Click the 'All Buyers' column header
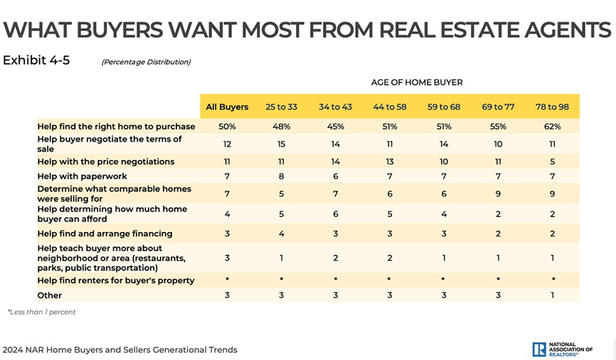pyautogui.click(x=227, y=107)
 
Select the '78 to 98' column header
pyautogui.click(x=552, y=107)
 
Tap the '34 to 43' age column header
pyautogui.click(x=335, y=107)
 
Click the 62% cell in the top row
pyautogui.click(x=552, y=127)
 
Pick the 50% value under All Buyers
pyautogui.click(x=227, y=127)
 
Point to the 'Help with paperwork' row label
pyautogui.click(x=83, y=176)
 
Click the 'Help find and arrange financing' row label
pyautogui.click(x=105, y=233)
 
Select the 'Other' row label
pyautogui.click(x=50, y=295)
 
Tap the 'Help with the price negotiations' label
pyautogui.click(x=106, y=162)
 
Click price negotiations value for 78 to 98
pyautogui.click(x=552, y=162)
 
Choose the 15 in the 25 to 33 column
pyautogui.click(x=281, y=144)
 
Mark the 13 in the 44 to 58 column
pyautogui.click(x=389, y=162)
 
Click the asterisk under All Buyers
pyautogui.click(x=227, y=281)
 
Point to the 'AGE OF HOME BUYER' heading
pyautogui.click(x=417, y=83)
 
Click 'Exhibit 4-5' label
pyautogui.click(x=36, y=60)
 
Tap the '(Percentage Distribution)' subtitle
pyautogui.click(x=146, y=62)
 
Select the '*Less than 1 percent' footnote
pyautogui.click(x=42, y=312)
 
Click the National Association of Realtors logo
pyautogui.click(x=562, y=349)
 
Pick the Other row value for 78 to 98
pyautogui.click(x=552, y=295)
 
